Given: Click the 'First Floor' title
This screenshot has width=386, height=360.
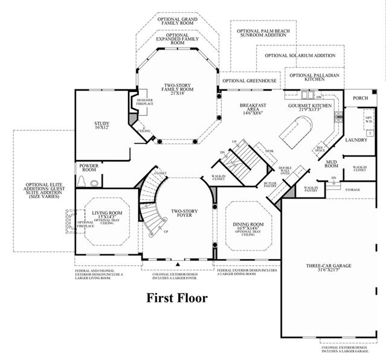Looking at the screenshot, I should click(x=177, y=298).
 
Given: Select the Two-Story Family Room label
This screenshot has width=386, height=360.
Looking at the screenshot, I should click(x=177, y=89).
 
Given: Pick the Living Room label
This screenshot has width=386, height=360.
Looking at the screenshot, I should click(x=107, y=214).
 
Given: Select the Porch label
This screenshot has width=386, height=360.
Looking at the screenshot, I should click(x=361, y=98).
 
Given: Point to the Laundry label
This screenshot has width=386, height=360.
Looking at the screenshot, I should click(x=356, y=140).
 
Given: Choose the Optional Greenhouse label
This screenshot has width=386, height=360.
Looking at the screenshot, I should click(x=249, y=80).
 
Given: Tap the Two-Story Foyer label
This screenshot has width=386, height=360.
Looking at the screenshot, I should click(x=181, y=213).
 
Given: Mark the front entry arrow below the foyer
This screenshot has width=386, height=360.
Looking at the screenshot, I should click(x=178, y=264).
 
